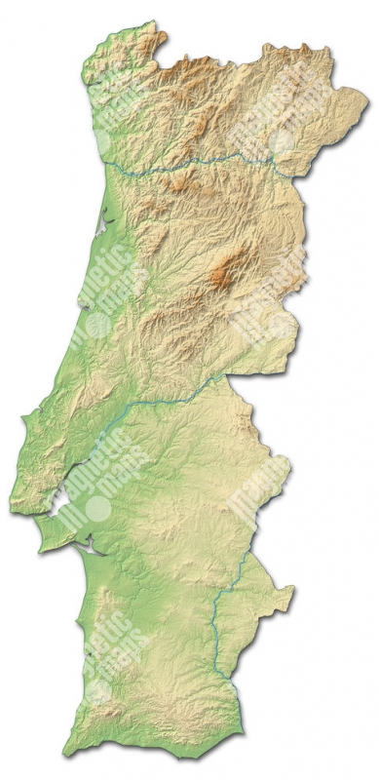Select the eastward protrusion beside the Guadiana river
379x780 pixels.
(286, 590)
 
